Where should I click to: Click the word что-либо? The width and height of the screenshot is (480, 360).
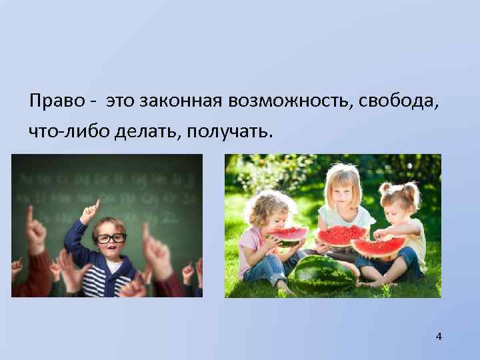[x=61, y=131]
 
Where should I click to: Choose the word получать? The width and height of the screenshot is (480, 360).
[x=229, y=131]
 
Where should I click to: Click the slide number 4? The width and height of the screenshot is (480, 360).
[x=438, y=336]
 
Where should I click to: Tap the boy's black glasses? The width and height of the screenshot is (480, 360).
[x=109, y=237]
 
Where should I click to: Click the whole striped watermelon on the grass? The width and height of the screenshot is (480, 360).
[x=324, y=274]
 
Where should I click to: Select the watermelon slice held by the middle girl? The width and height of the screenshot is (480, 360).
[x=341, y=235]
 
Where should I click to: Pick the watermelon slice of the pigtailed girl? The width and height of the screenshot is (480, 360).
[x=377, y=247]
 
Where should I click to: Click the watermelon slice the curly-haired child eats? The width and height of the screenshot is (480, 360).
[x=287, y=235]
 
